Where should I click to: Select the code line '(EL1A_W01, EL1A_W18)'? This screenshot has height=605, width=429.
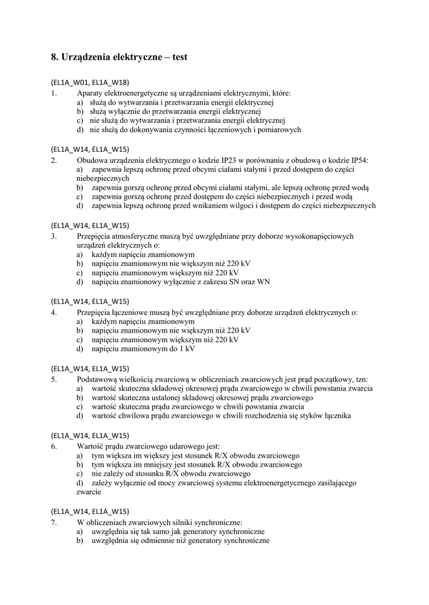tap(90, 82)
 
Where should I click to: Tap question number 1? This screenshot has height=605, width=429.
tap(54, 93)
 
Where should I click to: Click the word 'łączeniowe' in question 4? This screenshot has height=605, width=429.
tap(133, 312)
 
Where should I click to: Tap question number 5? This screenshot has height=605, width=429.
tap(54, 379)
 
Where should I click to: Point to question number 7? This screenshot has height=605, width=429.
tap(54, 522)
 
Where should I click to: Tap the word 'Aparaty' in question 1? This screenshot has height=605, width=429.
tap(90, 93)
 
